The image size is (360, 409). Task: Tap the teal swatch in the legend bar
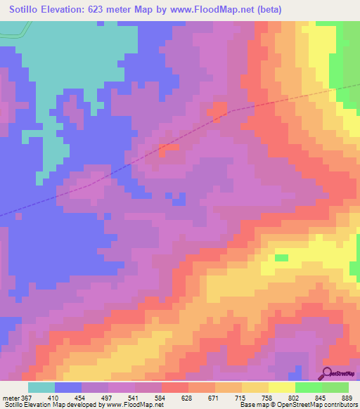tap(41, 388)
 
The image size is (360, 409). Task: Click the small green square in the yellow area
tap(281, 258)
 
